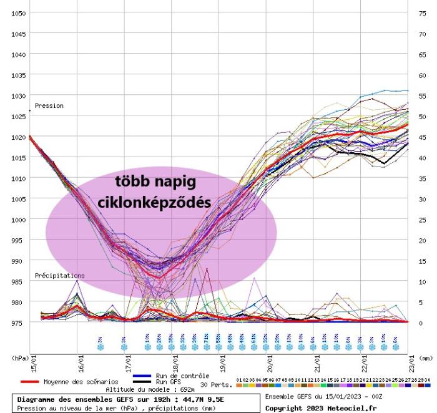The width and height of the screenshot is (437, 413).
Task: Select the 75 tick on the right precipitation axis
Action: pos(422,13)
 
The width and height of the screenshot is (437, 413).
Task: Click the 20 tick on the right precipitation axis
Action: pos(422,240)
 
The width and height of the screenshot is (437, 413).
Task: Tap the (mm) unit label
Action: pos(425,359)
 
